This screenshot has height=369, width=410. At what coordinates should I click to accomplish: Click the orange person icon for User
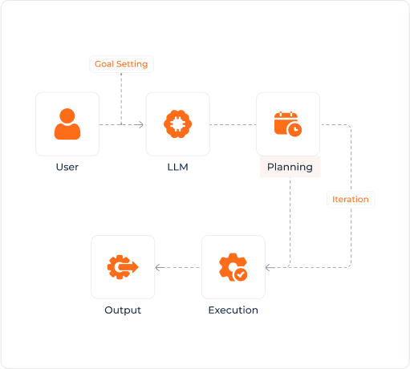[x=67, y=124]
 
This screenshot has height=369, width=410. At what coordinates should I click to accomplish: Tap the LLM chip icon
[x=177, y=124]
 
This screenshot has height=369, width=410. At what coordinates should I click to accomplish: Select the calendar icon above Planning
[x=287, y=124]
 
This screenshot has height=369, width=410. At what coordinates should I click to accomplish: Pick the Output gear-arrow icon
[x=123, y=266]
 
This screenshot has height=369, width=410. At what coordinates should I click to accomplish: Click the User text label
[x=67, y=167]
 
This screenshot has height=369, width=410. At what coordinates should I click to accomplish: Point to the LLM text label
[x=177, y=167]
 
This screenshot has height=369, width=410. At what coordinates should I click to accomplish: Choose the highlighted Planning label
[x=290, y=167]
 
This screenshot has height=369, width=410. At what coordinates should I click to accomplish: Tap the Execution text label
[x=233, y=310]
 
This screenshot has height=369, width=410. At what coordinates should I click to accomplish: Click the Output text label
[x=123, y=310]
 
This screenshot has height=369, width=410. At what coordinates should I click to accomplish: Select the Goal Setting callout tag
[x=121, y=64]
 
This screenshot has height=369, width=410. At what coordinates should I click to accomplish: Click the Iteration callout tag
[x=351, y=199]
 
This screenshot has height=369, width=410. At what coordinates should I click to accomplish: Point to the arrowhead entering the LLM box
[x=140, y=124]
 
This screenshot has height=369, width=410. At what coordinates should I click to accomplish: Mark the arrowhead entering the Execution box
[x=269, y=267]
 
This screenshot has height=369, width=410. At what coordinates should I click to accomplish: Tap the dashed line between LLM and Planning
[x=233, y=124]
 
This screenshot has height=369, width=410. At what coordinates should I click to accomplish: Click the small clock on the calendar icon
[x=296, y=130]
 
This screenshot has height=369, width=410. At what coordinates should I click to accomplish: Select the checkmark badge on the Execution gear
[x=241, y=274]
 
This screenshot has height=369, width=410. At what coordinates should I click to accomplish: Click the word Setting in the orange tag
[x=133, y=64]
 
